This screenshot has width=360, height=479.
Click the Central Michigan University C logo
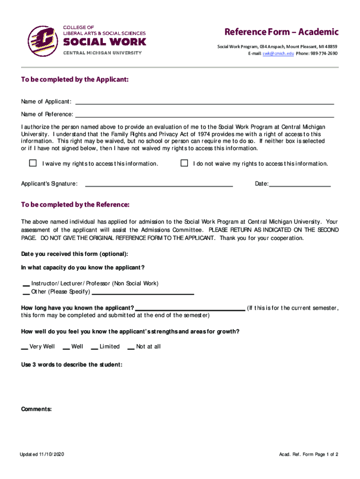pos(43,41)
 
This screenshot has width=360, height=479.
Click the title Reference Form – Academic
pos(281,32)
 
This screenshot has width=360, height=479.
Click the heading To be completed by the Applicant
pos(75,80)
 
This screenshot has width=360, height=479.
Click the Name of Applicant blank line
pos(204,102)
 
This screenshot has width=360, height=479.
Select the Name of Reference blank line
pos(204,115)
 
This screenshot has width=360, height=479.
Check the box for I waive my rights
pos(33,163)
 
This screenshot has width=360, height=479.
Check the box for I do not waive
pos(184,163)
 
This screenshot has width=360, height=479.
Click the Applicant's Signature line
pos(158,185)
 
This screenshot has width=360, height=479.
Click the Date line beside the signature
pos(300,185)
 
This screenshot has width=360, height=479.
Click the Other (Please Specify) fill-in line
pos(143,293)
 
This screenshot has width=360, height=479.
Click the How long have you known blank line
pos(190,309)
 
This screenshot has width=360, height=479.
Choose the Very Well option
pos(25,348)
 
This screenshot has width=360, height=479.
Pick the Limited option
pos(94,348)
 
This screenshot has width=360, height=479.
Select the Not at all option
pos(131,348)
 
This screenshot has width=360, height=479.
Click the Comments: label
pos(36,409)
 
